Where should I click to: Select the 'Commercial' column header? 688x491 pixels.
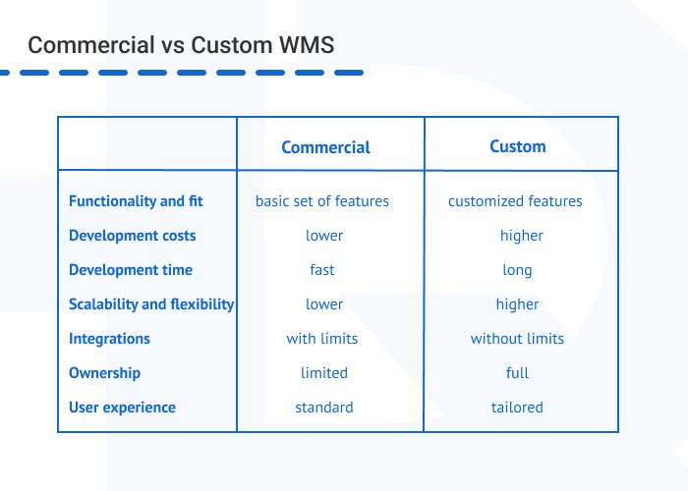tap(325, 147)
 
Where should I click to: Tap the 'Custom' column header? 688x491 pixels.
tap(518, 146)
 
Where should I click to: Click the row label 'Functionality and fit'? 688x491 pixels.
tap(136, 201)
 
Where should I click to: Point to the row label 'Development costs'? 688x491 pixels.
tap(132, 236)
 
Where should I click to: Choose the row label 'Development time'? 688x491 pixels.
tap(131, 270)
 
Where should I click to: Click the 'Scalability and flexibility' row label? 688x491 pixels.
tap(151, 304)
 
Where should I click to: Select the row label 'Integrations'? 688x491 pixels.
tap(109, 339)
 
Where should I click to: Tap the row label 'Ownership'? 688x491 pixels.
tap(104, 373)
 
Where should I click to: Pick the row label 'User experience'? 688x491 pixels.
tap(122, 408)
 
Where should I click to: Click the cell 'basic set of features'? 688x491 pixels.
tap(322, 201)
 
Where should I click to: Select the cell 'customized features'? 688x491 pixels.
tap(515, 201)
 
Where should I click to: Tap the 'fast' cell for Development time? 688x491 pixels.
tap(322, 270)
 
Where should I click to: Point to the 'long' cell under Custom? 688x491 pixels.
tap(517, 270)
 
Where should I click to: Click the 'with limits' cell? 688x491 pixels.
tap(322, 339)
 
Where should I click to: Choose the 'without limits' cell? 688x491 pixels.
tap(517, 339)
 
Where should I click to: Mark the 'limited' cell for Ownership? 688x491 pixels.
tap(324, 373)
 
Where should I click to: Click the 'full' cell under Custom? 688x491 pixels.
tap(518, 373)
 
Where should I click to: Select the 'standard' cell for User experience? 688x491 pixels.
tap(324, 408)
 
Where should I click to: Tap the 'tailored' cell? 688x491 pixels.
tap(517, 408)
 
